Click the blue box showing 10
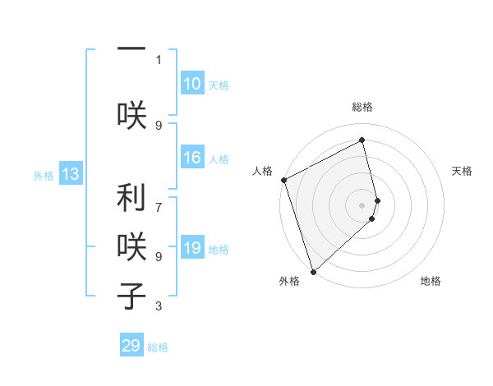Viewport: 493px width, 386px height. pos(191,84)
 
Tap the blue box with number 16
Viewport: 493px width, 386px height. pos(191,158)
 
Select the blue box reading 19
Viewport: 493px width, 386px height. pos(191,248)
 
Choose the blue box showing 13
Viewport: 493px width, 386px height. pos(70,174)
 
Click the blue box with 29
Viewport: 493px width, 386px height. pos(131,346)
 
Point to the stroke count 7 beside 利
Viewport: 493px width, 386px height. pos(159,200)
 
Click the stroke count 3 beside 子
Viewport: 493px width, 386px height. pos(159,306)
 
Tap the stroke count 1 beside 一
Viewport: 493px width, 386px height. pos(159,59)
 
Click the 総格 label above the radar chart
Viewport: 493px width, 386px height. pos(362,107)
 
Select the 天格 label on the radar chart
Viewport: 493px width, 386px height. pos(463,171)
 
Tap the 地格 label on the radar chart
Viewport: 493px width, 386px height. pos(431,281)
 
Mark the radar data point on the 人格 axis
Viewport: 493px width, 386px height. pos(283,180)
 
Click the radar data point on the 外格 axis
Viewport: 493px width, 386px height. pos(312,272)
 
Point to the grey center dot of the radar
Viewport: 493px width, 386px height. pos(362,204)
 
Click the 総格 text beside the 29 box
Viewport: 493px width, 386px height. pos(158,347)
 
